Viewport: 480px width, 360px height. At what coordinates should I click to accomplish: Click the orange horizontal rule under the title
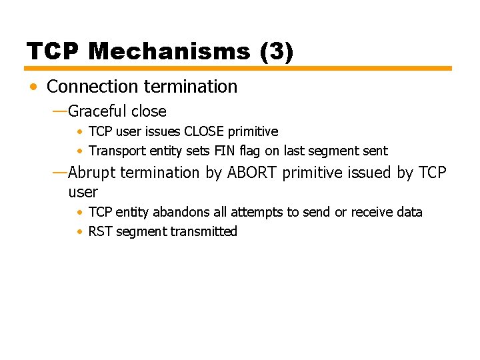pos(238,68)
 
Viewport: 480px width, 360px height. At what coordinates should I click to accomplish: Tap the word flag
pos(249,151)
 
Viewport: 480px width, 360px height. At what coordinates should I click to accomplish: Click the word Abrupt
pos(91,173)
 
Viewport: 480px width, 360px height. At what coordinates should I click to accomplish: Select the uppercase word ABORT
pos(253,173)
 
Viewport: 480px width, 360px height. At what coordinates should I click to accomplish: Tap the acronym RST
pos(100,231)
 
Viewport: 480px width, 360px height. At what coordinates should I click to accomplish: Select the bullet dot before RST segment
pos(79,232)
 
